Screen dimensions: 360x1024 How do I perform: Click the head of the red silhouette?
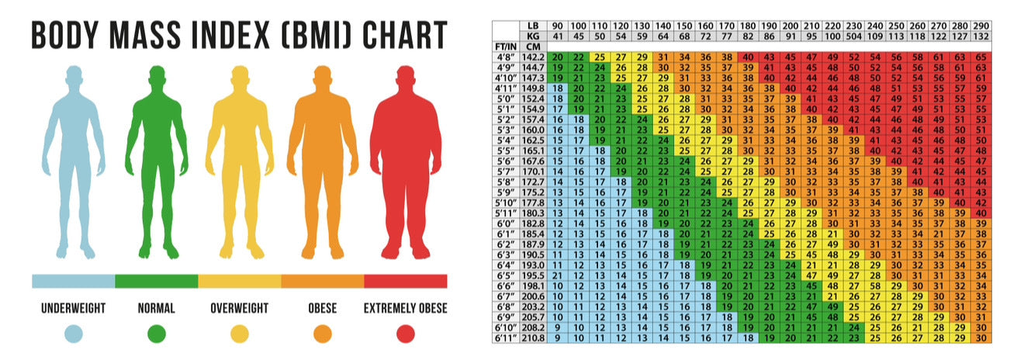click(406, 79)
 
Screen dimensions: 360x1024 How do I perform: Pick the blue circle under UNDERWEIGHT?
click(74, 334)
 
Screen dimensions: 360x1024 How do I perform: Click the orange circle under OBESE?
click(323, 334)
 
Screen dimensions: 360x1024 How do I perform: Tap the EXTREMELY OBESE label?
click(406, 309)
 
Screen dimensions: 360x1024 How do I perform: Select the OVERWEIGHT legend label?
click(240, 309)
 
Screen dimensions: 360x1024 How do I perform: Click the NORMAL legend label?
click(157, 309)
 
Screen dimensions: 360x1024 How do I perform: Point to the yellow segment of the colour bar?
click(240, 281)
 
